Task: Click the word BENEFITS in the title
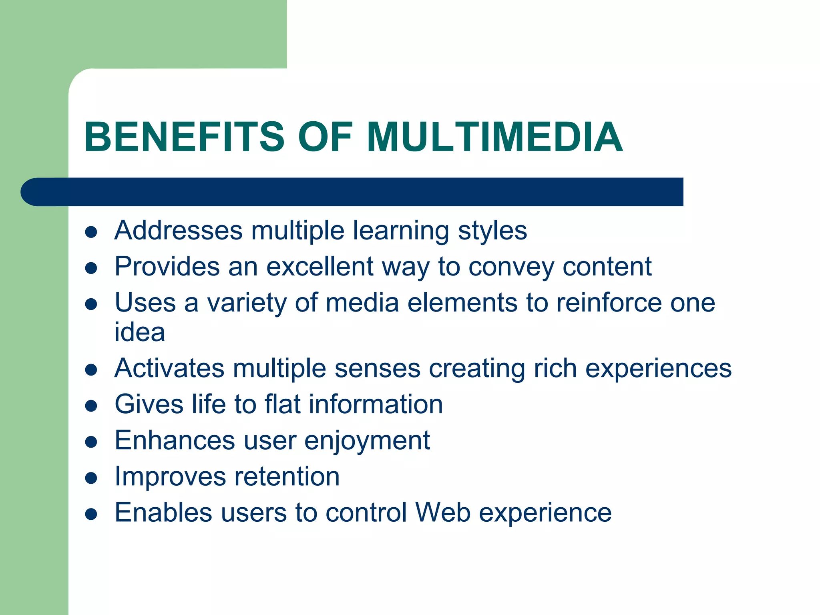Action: click(x=184, y=137)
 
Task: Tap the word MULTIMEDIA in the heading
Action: click(x=494, y=137)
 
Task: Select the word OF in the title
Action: click(x=325, y=137)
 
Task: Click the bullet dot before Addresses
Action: click(x=91, y=232)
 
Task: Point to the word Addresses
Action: click(x=179, y=231)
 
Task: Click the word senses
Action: click(x=377, y=369)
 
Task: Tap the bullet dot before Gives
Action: click(x=91, y=406)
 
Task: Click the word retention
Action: click(x=287, y=476)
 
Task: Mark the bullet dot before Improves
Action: click(x=91, y=478)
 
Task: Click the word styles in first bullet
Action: click(x=492, y=231)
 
